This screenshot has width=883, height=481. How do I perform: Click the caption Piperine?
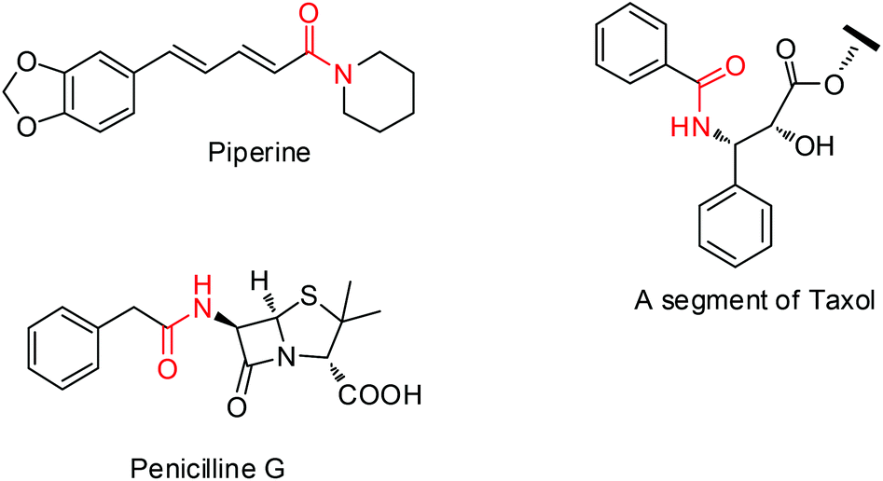(x=259, y=153)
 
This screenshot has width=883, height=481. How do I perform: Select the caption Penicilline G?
(x=208, y=467)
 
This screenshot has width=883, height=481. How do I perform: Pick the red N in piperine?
(x=342, y=75)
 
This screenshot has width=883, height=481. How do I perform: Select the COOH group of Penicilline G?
(x=379, y=395)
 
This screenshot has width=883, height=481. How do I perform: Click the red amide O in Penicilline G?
(x=167, y=368)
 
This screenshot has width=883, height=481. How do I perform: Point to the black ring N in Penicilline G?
(x=288, y=358)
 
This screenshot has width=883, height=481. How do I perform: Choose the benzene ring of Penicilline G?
(x=63, y=348)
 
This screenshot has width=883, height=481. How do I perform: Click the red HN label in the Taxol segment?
(x=690, y=128)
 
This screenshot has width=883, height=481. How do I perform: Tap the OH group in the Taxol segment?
(x=814, y=145)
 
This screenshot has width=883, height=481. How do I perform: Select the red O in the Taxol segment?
(x=735, y=66)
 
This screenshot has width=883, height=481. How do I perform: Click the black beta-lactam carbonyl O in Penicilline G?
(x=237, y=406)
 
